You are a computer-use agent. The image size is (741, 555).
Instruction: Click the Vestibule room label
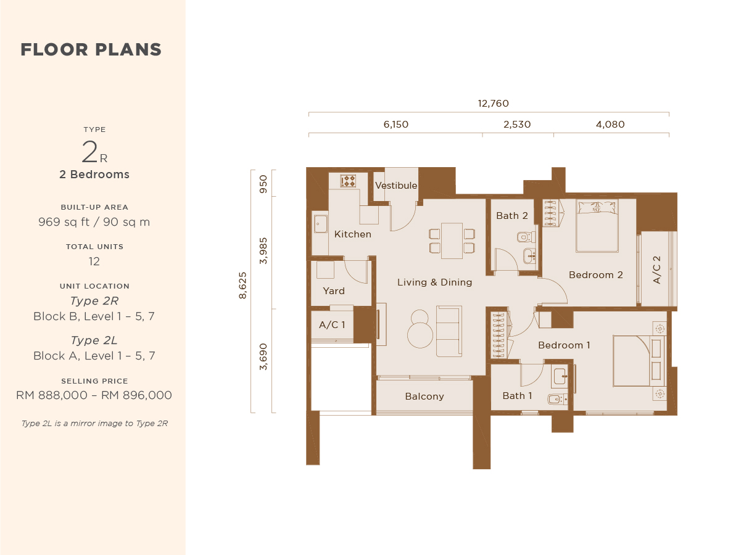coord(396,186)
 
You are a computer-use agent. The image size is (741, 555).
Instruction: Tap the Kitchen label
coord(353,234)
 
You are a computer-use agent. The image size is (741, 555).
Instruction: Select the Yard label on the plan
coord(334,291)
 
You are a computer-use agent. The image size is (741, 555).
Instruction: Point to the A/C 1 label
coord(332,325)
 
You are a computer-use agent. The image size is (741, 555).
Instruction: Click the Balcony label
coord(424,397)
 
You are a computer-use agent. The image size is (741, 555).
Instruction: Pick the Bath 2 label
coord(511,216)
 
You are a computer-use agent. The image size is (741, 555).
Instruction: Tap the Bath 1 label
coord(517,396)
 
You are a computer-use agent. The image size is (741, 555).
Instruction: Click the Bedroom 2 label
coord(596,275)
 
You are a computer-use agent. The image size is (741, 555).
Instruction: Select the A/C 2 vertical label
coord(656,270)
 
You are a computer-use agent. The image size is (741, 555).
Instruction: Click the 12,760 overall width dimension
coord(493,104)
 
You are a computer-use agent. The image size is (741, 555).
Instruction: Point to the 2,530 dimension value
coord(517,125)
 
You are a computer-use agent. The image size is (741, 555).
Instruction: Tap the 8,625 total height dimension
coord(242,286)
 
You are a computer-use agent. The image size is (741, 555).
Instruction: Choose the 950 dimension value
coord(263,184)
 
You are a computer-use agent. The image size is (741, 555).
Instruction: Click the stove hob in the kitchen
coord(348,181)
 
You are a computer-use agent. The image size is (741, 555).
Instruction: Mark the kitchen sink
coord(320,224)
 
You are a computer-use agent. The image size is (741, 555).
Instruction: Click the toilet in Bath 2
coord(526,237)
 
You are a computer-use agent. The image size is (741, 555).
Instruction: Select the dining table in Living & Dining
coord(452,240)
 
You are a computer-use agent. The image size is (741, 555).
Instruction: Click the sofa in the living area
coord(449,331)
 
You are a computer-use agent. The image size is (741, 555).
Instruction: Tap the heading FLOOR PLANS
coord(91,49)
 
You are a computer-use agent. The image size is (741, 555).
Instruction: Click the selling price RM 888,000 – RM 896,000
coord(94,395)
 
